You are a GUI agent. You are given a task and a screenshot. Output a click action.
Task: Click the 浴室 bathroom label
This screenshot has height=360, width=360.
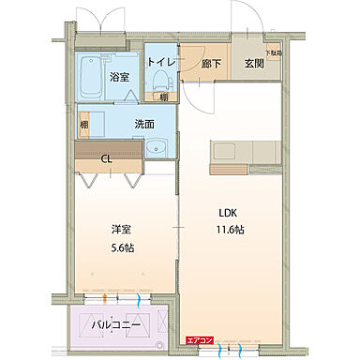[x=118, y=76]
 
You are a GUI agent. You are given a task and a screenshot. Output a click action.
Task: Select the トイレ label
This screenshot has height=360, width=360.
[x=160, y=62]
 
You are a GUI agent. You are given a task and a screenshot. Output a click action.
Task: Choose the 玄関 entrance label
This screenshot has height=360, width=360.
[x=254, y=64]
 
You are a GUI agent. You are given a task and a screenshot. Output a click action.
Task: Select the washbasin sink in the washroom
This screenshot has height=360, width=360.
[x=157, y=148]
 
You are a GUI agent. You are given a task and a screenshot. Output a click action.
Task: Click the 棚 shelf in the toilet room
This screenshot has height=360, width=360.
[x=162, y=96]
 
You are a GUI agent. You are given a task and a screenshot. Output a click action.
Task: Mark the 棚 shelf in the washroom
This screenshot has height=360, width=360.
[x=83, y=123]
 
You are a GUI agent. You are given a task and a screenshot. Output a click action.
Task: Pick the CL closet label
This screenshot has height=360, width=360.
[x=107, y=158]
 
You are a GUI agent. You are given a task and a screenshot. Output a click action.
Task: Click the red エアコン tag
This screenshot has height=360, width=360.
[x=198, y=339]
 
